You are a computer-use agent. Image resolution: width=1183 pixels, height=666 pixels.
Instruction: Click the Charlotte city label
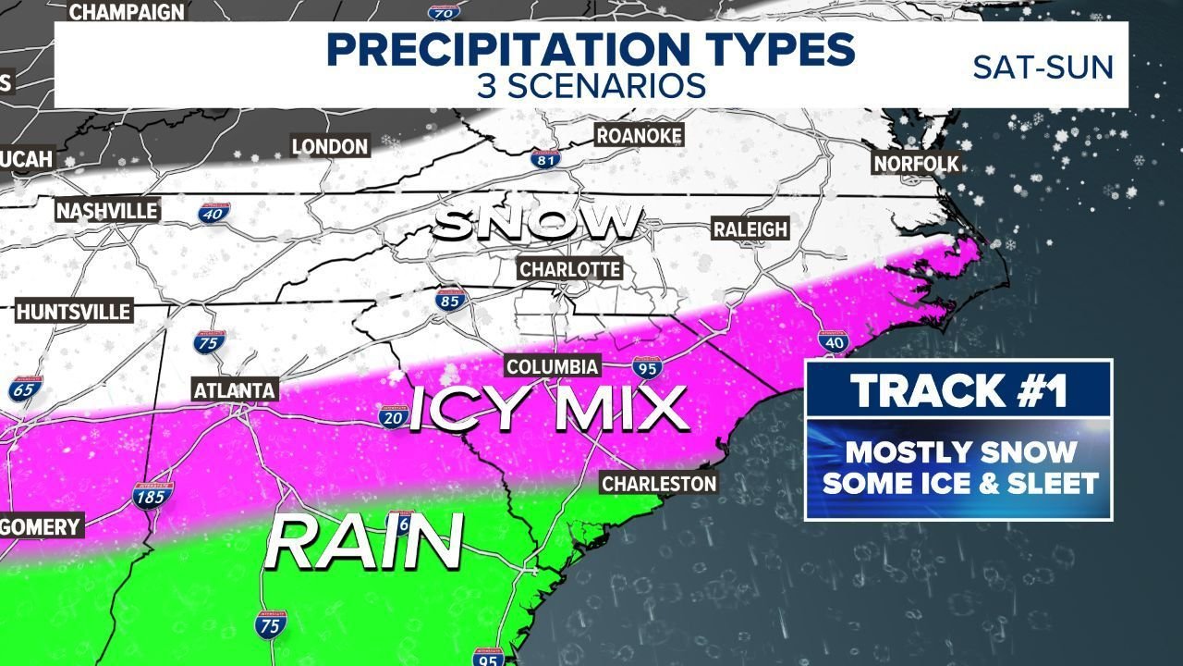coord(569,269)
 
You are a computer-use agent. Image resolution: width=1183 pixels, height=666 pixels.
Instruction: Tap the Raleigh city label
coord(750,228)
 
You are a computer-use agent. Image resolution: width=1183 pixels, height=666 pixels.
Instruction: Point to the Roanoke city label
coord(640,136)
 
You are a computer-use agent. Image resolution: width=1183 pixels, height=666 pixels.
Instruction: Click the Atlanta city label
coord(235,390)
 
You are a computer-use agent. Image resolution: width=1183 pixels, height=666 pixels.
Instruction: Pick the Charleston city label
coord(659,483)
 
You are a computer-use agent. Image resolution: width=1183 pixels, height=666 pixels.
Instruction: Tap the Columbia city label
coord(553,367)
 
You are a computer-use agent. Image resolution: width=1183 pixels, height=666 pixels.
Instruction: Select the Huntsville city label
coord(74,310)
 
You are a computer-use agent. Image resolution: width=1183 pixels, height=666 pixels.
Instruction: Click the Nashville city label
coord(107,211)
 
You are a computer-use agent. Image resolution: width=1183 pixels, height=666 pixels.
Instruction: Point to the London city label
coord(330,146)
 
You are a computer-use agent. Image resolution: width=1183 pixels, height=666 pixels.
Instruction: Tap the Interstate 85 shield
coord(449,301)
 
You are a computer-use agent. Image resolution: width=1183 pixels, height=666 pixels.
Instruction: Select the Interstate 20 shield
coord(394,417)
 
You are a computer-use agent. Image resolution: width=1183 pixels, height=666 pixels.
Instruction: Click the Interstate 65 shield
coord(25,389)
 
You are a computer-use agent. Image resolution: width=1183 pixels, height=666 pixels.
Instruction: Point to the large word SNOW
coord(539,222)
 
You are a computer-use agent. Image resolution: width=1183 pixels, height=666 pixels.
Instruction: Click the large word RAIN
coord(364,542)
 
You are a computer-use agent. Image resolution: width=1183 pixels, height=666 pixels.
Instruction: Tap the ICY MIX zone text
coord(549,409)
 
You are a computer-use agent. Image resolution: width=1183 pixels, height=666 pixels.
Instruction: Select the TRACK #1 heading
coord(958,390)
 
